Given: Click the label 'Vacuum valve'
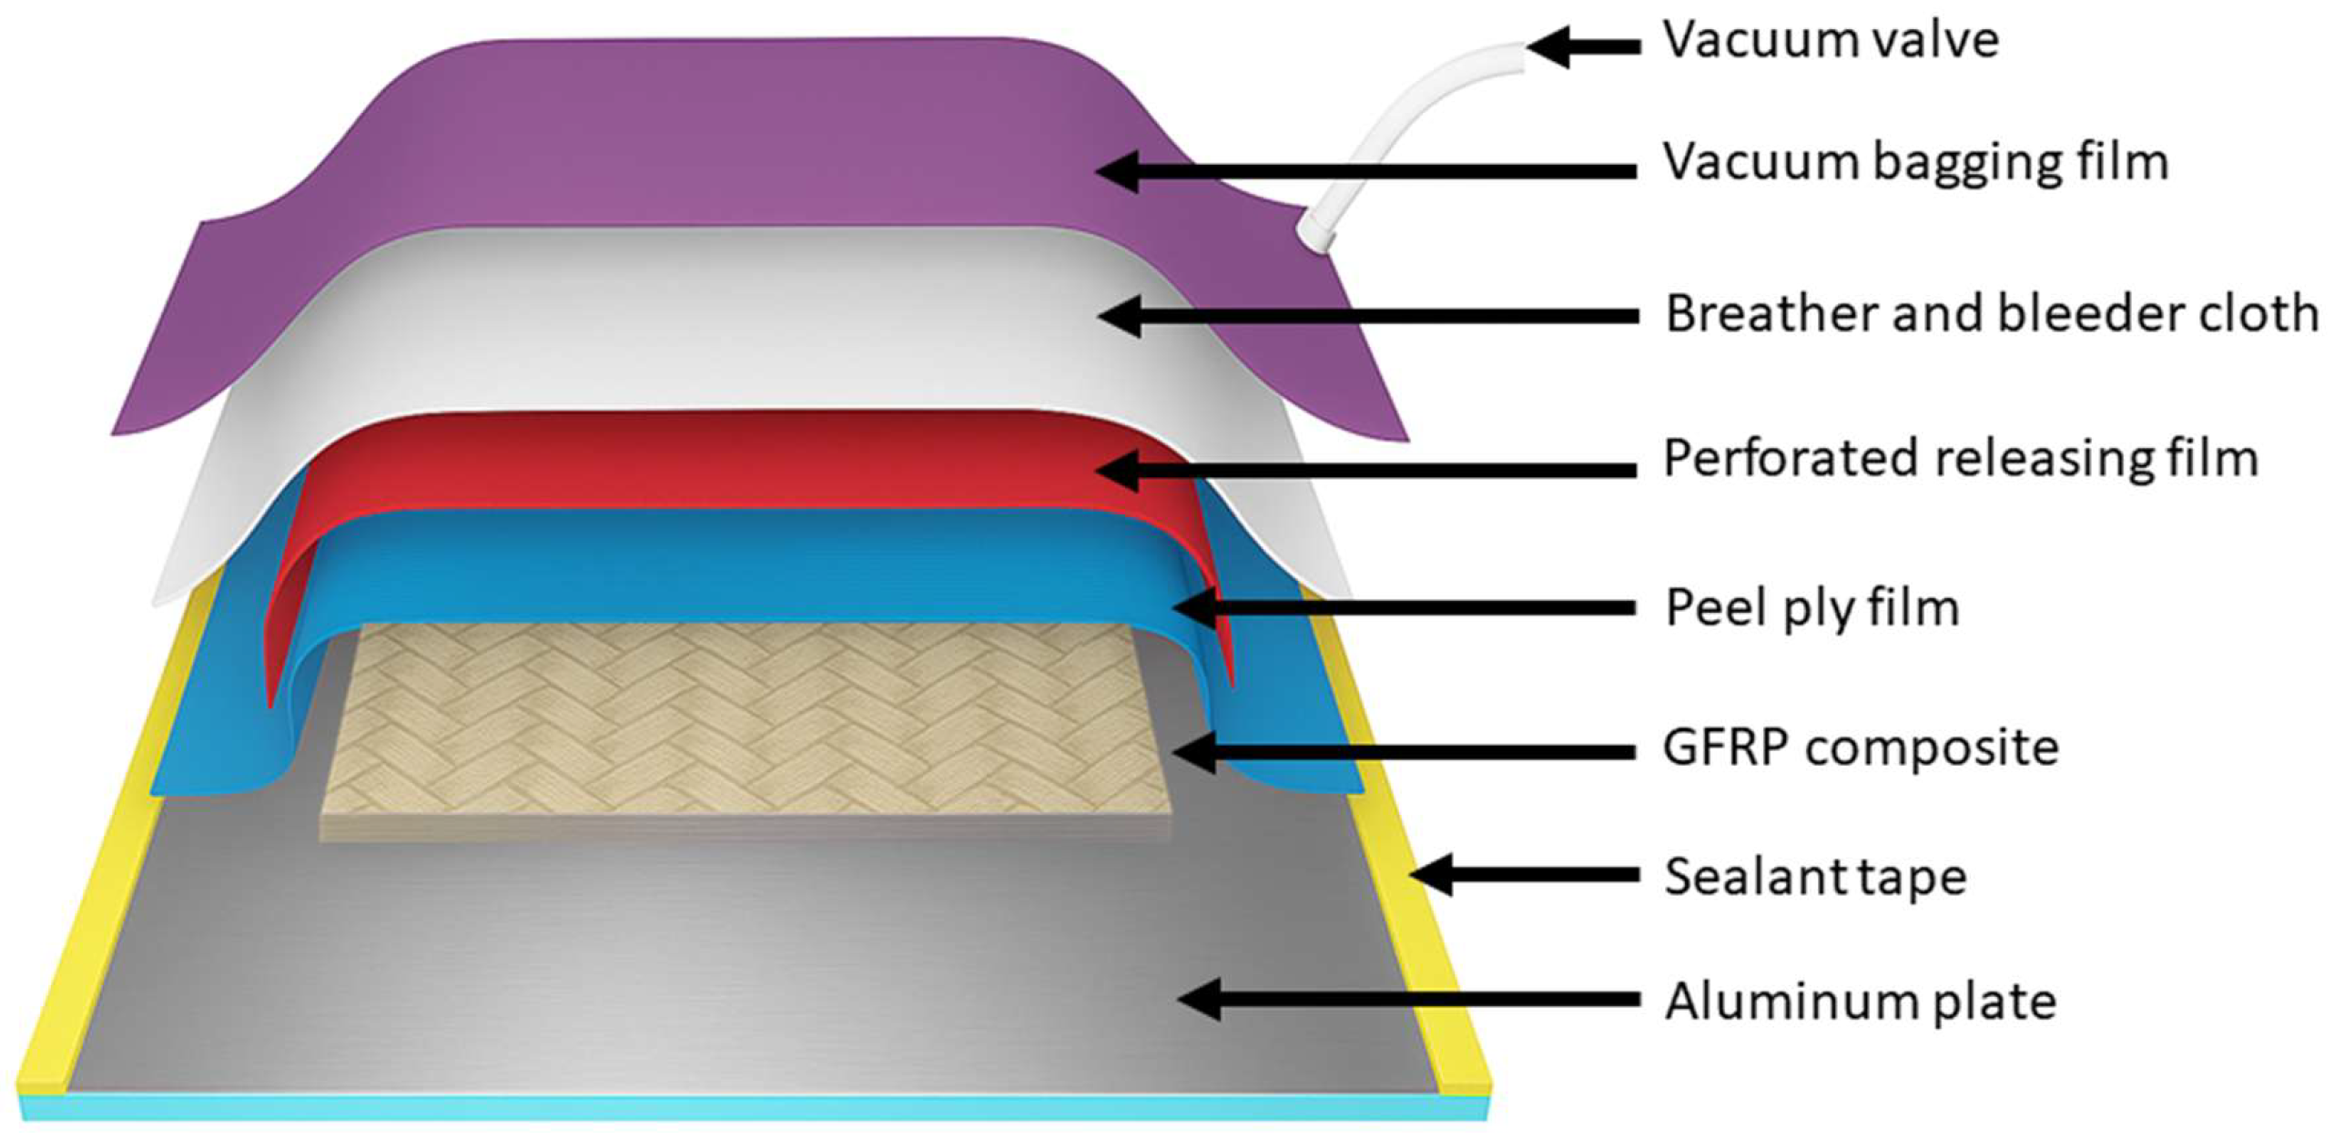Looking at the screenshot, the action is (x=1830, y=41).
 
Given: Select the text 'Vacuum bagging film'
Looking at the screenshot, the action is (x=1915, y=164).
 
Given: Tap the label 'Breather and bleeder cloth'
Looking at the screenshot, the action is (x=1991, y=314).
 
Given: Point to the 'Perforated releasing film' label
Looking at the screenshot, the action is (x=1960, y=458).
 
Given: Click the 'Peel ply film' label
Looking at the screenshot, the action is (x=1811, y=607).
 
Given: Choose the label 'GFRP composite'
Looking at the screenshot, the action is (x=1861, y=748).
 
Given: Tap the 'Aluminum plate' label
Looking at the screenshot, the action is (x=1861, y=1002).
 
